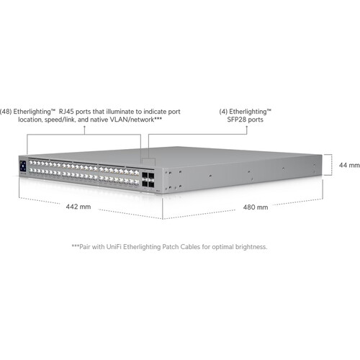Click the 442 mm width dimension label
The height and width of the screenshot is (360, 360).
click(x=78, y=207)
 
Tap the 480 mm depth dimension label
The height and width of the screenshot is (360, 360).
click(x=256, y=207)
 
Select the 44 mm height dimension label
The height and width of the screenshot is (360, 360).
click(x=349, y=165)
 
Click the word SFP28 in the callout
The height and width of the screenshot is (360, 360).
click(x=236, y=120)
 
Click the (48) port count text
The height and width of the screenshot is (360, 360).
click(x=6, y=112)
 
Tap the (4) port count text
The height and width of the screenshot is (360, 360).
click(x=223, y=112)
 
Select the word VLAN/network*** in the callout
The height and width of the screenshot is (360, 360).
click(x=135, y=120)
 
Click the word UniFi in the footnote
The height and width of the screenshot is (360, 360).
click(x=114, y=247)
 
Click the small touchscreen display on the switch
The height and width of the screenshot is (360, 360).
click(x=23, y=166)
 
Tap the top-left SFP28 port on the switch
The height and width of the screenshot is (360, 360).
click(x=145, y=175)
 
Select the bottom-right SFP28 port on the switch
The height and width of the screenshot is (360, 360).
click(x=151, y=184)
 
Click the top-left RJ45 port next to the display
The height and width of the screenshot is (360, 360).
click(x=31, y=163)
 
